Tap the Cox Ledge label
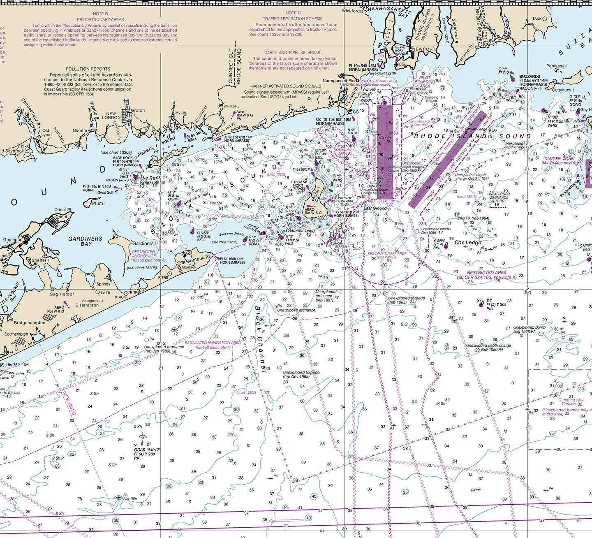[x=467, y=243]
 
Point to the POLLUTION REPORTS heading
[x=88, y=69]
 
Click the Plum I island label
[x=99, y=203]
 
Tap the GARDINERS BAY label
[x=85, y=241]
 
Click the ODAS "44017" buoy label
[x=147, y=450]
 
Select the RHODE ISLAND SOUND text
[x=472, y=136]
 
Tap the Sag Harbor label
[x=62, y=294]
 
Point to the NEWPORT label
[x=424, y=49]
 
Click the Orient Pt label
[x=62, y=210]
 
